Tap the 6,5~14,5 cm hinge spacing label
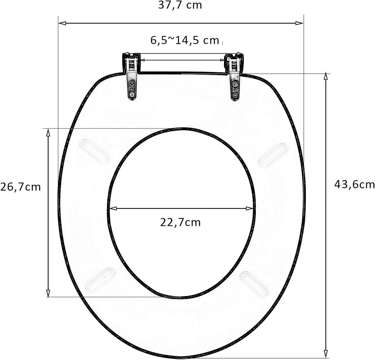tap(185, 40)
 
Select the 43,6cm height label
tap(354, 185)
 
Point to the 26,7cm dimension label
tap(20, 187)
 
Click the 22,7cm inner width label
tap(180, 222)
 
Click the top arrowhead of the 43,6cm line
tap(326, 76)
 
